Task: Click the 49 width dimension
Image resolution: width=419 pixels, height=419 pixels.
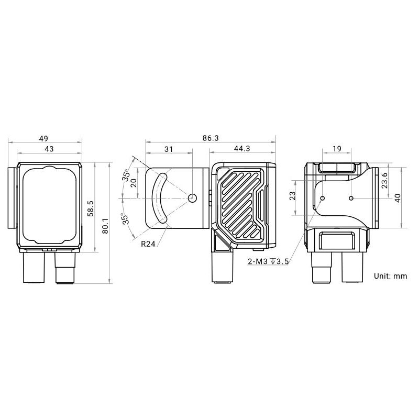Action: pos(43,138)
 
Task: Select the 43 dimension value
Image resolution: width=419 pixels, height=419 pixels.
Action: pos(49,149)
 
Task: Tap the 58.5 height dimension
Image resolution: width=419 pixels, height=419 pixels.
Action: pos(91,208)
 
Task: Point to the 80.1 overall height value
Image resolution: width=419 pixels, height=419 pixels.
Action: pos(105,226)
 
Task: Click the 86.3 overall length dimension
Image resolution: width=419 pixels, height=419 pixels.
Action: pos(211,138)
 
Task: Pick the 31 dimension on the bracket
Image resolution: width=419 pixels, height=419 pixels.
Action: pos(169,149)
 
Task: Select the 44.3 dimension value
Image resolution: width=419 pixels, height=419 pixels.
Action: pos(242,149)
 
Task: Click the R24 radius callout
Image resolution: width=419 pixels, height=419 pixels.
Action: pos(148,244)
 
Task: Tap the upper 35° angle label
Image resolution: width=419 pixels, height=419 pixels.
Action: pos(126,175)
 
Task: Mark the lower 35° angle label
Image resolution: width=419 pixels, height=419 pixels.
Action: pos(125,218)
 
